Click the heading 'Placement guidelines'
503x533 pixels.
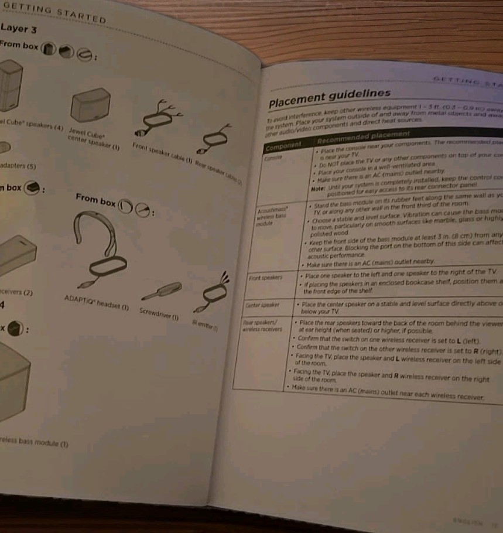click(x=329, y=98)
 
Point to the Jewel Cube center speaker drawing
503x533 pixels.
click(x=91, y=105)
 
